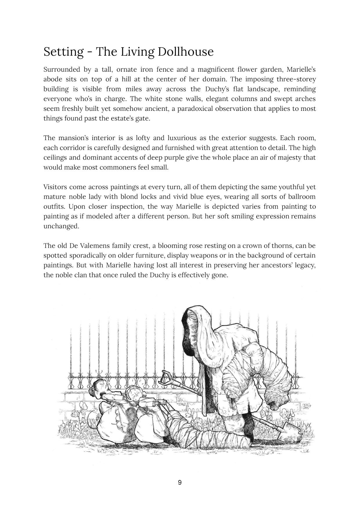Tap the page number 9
coord(180,483)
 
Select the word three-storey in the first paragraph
coord(296,79)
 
